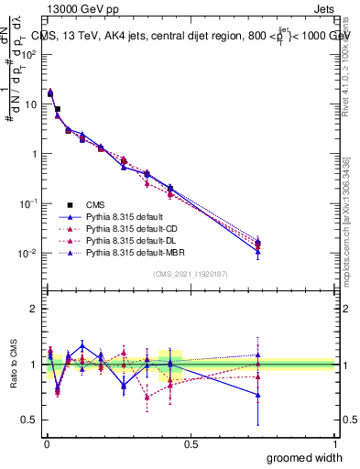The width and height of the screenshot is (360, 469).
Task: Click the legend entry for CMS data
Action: click(94, 204)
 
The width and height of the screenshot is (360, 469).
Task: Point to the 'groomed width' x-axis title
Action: click(305, 456)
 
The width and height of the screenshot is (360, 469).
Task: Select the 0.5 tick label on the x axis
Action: click(191, 442)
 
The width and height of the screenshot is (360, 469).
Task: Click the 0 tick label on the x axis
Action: click(45, 442)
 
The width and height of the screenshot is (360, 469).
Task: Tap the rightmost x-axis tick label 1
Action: click(335, 442)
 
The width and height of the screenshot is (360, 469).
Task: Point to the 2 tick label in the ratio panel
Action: click(34, 309)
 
